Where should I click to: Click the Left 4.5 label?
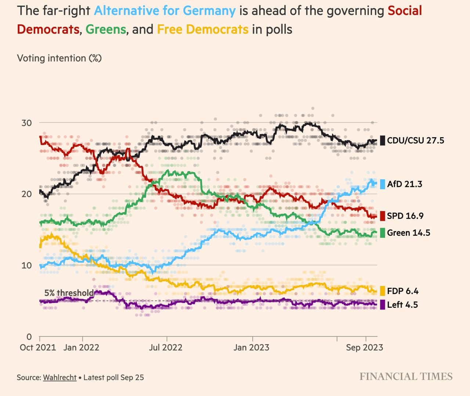point(402,305)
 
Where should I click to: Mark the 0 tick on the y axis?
point(29,336)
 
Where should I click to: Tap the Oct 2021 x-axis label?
point(38,347)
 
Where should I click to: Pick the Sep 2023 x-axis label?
point(364,347)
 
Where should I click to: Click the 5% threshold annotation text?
point(69,293)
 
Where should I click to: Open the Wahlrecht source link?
point(59,377)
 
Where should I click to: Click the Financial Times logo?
point(406,377)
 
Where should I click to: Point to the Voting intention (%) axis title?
point(59,58)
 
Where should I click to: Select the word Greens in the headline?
point(106,29)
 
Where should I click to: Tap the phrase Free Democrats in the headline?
point(202,29)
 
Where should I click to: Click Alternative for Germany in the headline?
point(164,11)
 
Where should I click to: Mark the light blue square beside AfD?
point(382,184)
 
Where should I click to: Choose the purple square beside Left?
point(382,305)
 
